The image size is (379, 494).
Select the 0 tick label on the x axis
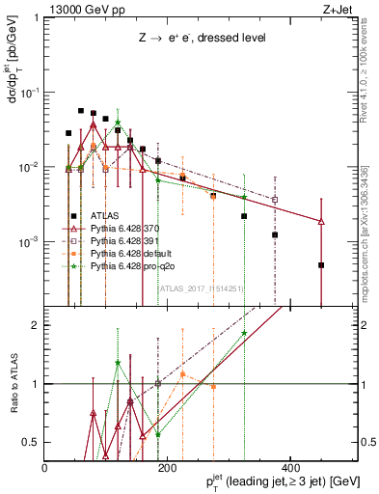pos(45,468)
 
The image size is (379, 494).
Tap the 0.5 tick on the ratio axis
pos(31,442)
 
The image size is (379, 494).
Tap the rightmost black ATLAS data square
pos(321,264)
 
